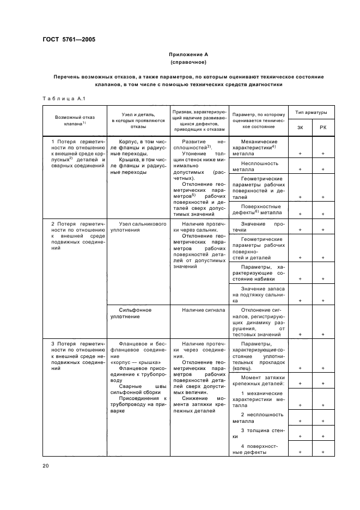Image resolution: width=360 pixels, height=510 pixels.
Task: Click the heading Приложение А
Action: (x=188, y=54)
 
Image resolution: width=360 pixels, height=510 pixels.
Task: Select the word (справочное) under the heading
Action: (x=188, y=63)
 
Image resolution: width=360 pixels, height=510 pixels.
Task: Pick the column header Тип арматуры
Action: (x=311, y=112)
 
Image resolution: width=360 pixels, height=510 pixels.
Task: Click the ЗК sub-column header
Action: (x=300, y=127)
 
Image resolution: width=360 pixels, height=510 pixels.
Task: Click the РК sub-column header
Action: (x=323, y=127)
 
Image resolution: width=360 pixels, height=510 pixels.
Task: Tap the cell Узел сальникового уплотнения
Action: (x=135, y=227)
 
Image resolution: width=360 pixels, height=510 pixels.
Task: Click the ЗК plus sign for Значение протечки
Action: (x=300, y=230)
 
